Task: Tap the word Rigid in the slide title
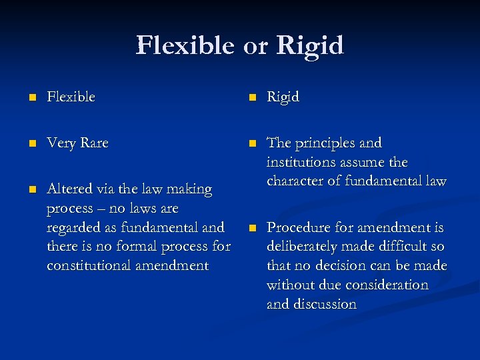pyautogui.click(x=310, y=45)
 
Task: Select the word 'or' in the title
pyautogui.click(x=255, y=47)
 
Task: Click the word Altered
pyautogui.click(x=68, y=189)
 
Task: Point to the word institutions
pyautogui.click(x=303, y=162)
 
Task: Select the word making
pyautogui.click(x=191, y=190)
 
